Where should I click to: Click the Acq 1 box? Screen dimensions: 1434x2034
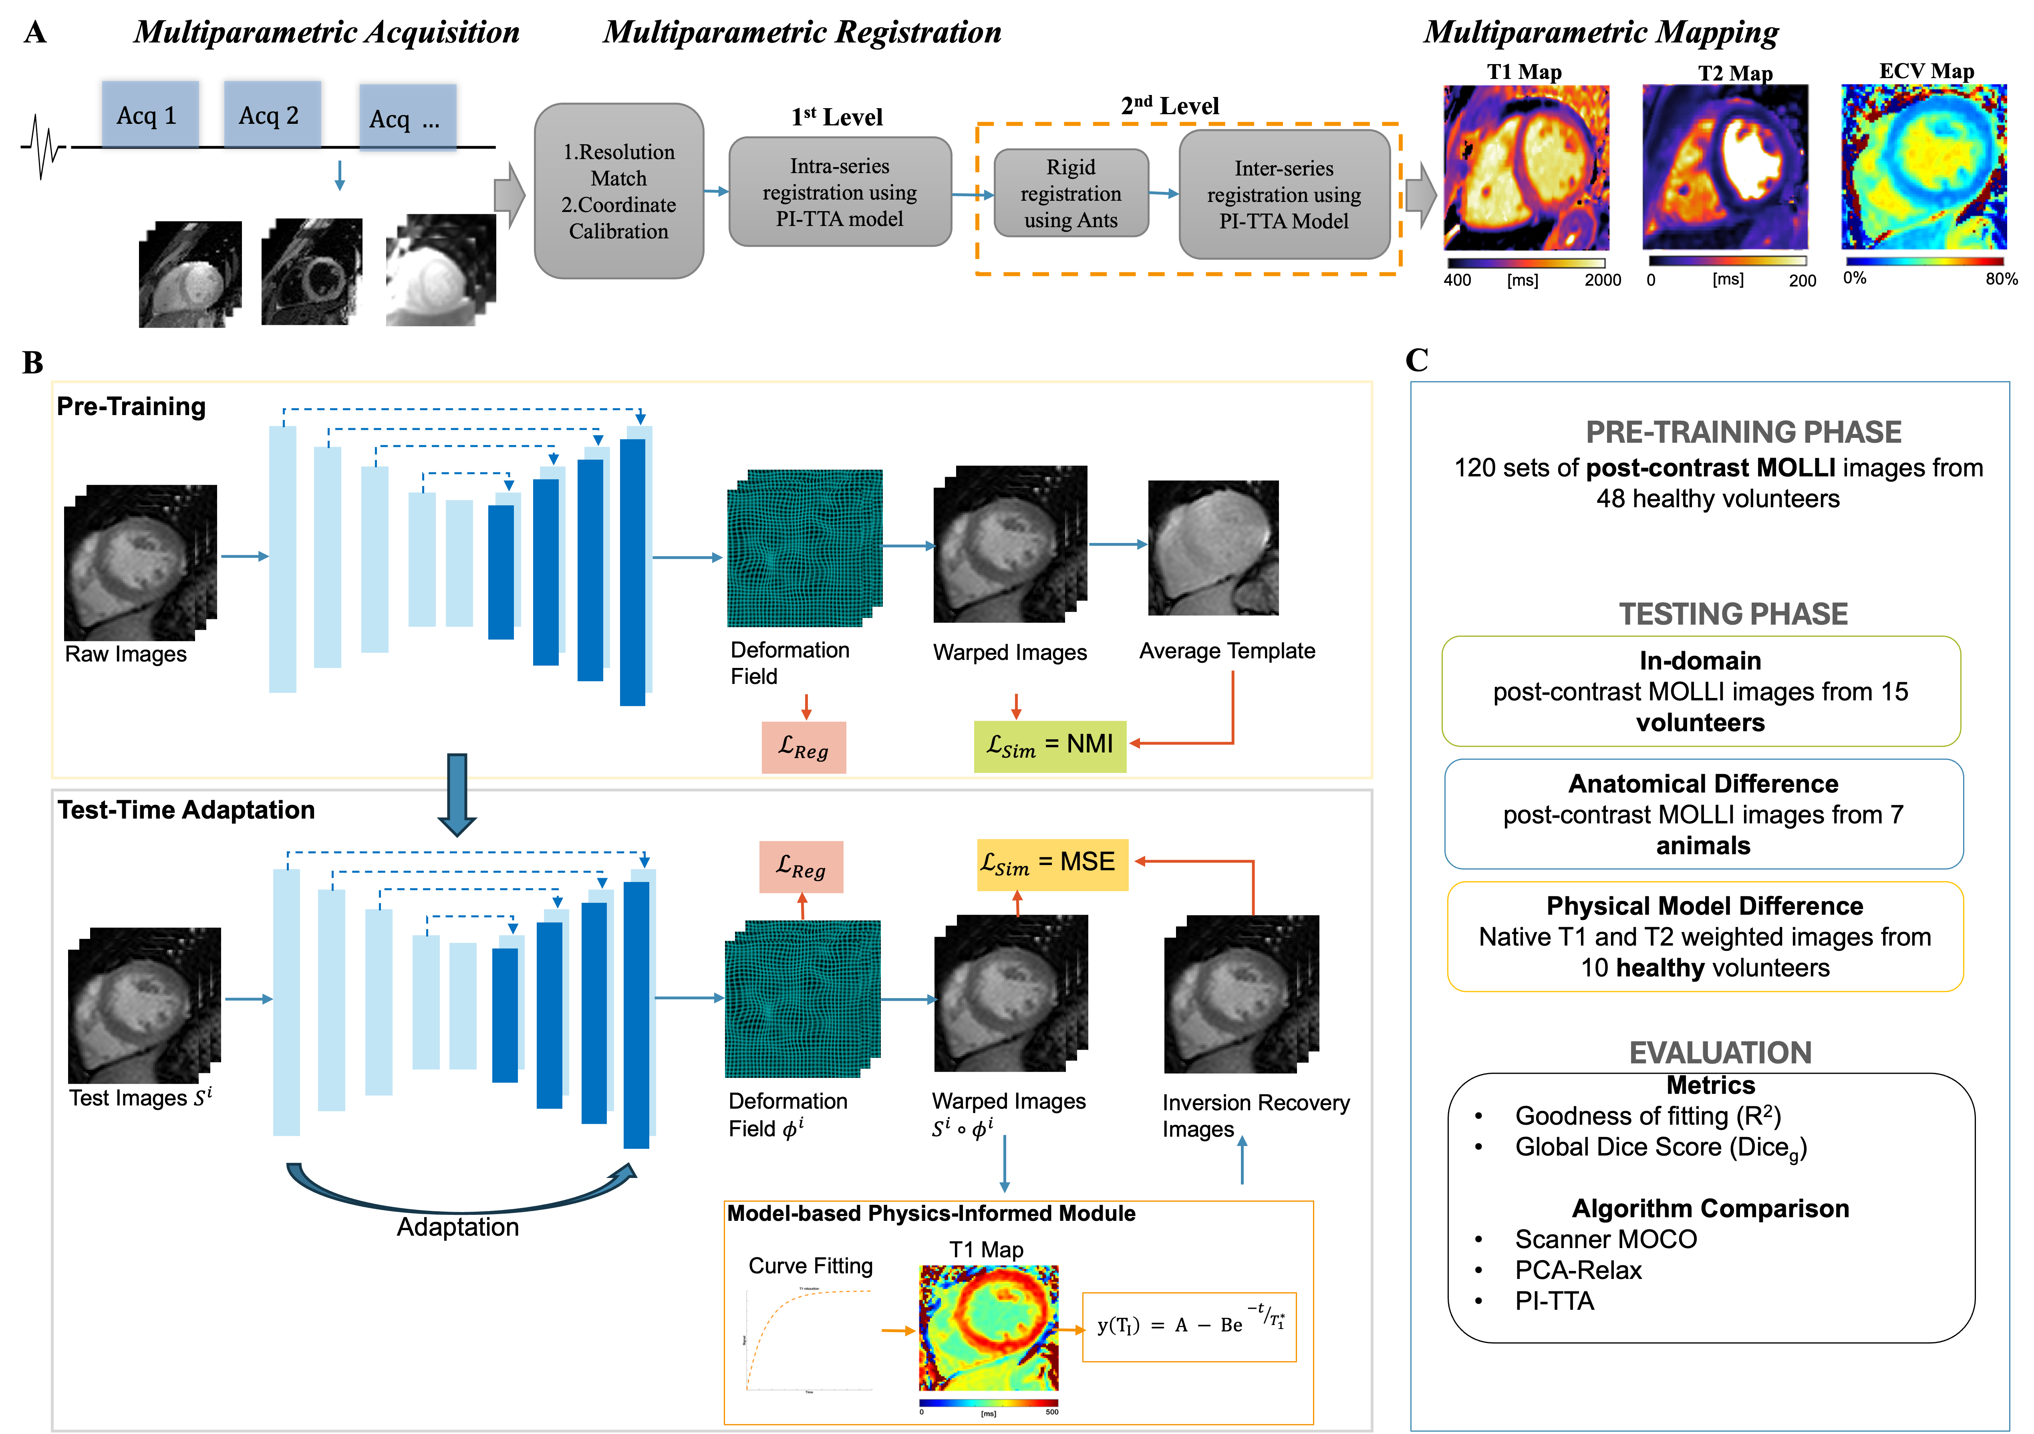(x=150, y=114)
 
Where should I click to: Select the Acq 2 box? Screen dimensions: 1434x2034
(x=272, y=114)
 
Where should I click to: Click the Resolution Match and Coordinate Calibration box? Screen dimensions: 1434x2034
(x=618, y=192)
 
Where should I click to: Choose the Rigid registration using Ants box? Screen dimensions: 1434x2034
(x=1071, y=193)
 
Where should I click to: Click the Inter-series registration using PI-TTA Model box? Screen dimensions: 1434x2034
(x=1284, y=194)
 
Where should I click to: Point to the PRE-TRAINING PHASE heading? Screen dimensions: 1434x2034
(x=1742, y=432)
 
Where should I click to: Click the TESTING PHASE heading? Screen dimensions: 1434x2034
(x=1733, y=613)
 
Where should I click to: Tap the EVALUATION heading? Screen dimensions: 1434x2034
(x=1720, y=1052)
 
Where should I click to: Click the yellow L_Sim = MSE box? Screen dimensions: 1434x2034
(x=1051, y=864)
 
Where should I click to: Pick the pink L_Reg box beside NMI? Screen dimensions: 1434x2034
(x=804, y=747)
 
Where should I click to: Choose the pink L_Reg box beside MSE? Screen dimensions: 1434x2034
(x=801, y=867)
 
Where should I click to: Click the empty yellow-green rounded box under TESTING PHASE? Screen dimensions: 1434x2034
(x=1701, y=691)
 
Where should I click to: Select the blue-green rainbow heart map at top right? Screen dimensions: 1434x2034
(x=1922, y=168)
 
